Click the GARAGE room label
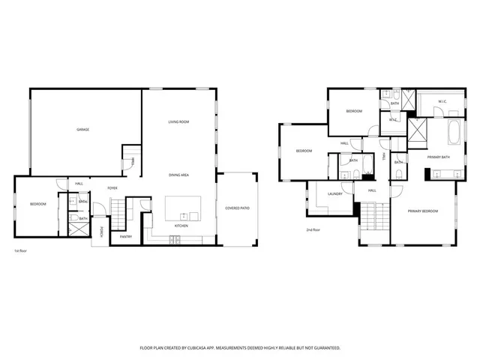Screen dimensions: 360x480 (x=83, y=130)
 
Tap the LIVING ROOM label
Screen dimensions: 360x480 (x=178, y=121)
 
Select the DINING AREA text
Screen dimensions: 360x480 (x=178, y=175)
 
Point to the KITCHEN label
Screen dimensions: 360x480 (x=181, y=226)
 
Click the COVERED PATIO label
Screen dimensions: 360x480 (x=238, y=208)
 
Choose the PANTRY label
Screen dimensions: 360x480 (x=126, y=237)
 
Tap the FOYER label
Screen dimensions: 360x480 (x=112, y=187)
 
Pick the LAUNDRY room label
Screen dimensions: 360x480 (x=335, y=193)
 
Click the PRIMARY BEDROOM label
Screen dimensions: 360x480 (x=423, y=211)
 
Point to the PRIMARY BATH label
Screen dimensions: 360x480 (x=439, y=157)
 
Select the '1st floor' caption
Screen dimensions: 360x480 (x=21, y=250)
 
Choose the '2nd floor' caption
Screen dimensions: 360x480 (x=313, y=229)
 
